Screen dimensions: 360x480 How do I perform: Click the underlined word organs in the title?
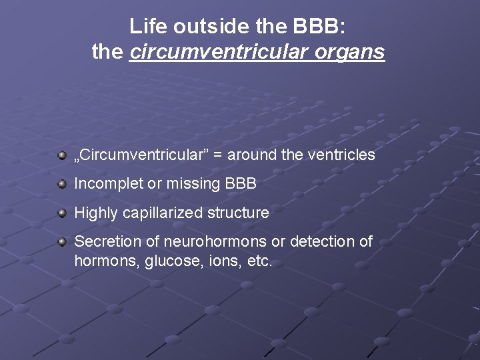(x=357, y=52)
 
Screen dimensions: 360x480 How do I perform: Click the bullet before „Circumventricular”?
(x=62, y=155)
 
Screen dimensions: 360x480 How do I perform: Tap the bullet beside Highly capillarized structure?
(x=62, y=213)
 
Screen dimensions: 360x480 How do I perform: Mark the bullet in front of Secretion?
(x=62, y=242)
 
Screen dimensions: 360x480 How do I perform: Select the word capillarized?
(x=163, y=213)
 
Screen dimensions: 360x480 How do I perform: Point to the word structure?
(x=238, y=213)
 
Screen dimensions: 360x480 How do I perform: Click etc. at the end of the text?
(x=260, y=261)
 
